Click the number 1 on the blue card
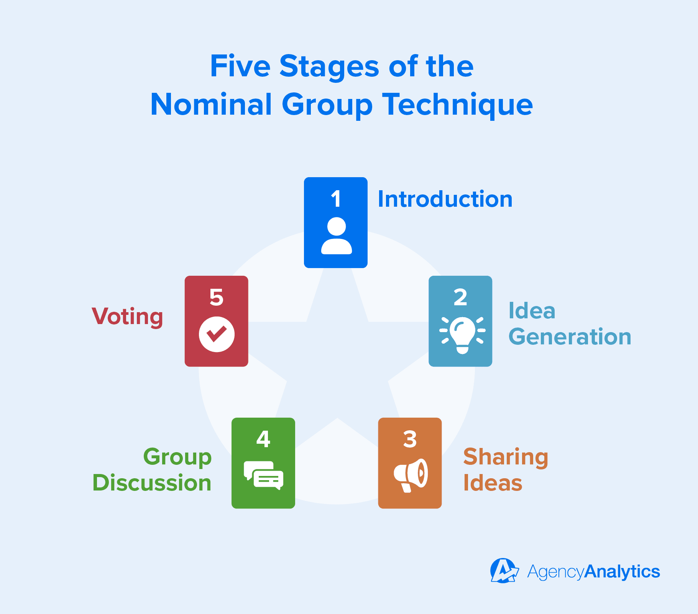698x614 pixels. point(336,199)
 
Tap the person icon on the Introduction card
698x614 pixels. point(337,235)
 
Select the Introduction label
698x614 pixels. point(445,199)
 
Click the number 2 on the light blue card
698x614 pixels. point(460,298)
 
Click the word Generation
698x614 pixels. point(570,336)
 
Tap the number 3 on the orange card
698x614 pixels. point(410,440)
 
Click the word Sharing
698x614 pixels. point(506,458)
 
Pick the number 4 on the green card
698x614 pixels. point(263,439)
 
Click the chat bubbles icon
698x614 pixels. point(264,475)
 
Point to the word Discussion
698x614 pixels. point(152,482)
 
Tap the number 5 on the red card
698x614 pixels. point(216,298)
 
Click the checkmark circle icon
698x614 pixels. point(217,334)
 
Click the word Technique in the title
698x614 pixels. point(458,105)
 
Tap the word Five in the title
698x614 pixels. point(240,66)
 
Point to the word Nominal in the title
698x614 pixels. point(211,104)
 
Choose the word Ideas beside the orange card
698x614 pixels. point(493,482)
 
